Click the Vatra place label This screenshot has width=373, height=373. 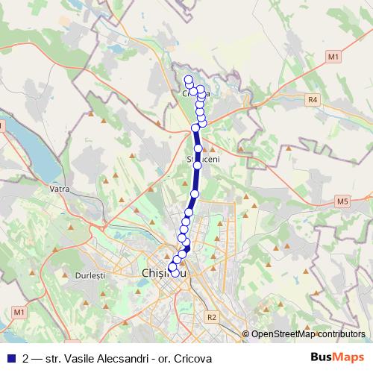point(60,189)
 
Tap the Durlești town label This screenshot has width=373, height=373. point(90,275)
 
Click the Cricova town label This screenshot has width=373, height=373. point(196,93)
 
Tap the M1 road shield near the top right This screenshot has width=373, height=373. point(333,56)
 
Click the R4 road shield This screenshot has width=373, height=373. point(313,98)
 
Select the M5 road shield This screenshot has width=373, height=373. point(342,201)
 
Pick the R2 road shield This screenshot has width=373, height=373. point(212,317)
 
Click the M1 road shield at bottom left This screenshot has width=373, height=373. point(19,311)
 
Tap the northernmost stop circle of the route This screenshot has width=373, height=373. point(188,79)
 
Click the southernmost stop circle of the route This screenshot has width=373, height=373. point(177,273)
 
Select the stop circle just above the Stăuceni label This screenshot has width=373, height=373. point(198,148)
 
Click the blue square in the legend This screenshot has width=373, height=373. point(11,358)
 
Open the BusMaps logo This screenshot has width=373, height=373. point(336,357)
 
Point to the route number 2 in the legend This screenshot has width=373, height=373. point(26,358)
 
